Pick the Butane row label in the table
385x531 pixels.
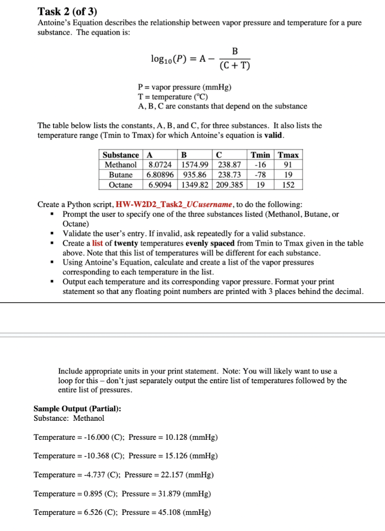(121, 175)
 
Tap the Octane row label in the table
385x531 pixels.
(121, 185)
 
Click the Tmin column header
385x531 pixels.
(260, 155)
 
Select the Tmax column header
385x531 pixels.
(288, 155)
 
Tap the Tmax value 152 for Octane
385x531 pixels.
(288, 185)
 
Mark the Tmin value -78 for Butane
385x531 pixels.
(260, 175)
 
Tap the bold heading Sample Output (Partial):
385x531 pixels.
(77, 409)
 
